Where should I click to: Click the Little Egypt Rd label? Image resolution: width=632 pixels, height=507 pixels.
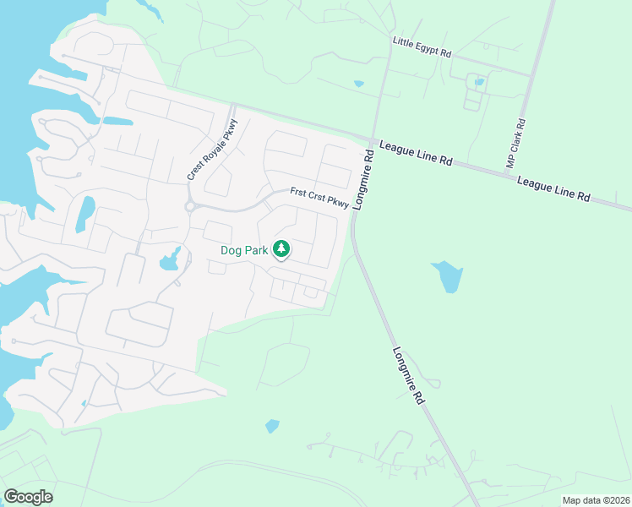point(422,46)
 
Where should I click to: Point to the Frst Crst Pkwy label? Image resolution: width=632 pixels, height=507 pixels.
point(319,197)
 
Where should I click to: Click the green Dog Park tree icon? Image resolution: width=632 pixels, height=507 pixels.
point(281,249)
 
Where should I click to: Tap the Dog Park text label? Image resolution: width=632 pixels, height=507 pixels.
point(243,250)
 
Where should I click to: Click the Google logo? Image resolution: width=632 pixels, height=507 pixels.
point(28,497)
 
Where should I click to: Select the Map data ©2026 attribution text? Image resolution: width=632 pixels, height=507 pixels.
point(596,500)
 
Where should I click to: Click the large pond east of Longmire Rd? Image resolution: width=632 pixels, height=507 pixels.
point(448,275)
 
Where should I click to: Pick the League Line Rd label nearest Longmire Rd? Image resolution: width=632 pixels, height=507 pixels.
point(416,153)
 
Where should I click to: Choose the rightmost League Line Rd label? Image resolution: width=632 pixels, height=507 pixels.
point(553,188)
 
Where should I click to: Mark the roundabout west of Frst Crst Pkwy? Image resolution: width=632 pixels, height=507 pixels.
point(191,205)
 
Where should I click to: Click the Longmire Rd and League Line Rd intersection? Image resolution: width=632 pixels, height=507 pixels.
point(372,139)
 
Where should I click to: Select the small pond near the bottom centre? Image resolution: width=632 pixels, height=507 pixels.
point(272,426)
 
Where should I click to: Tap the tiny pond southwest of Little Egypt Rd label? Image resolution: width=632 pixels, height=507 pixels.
point(359,84)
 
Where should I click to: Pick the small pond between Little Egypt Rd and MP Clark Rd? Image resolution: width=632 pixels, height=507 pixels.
point(480,82)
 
